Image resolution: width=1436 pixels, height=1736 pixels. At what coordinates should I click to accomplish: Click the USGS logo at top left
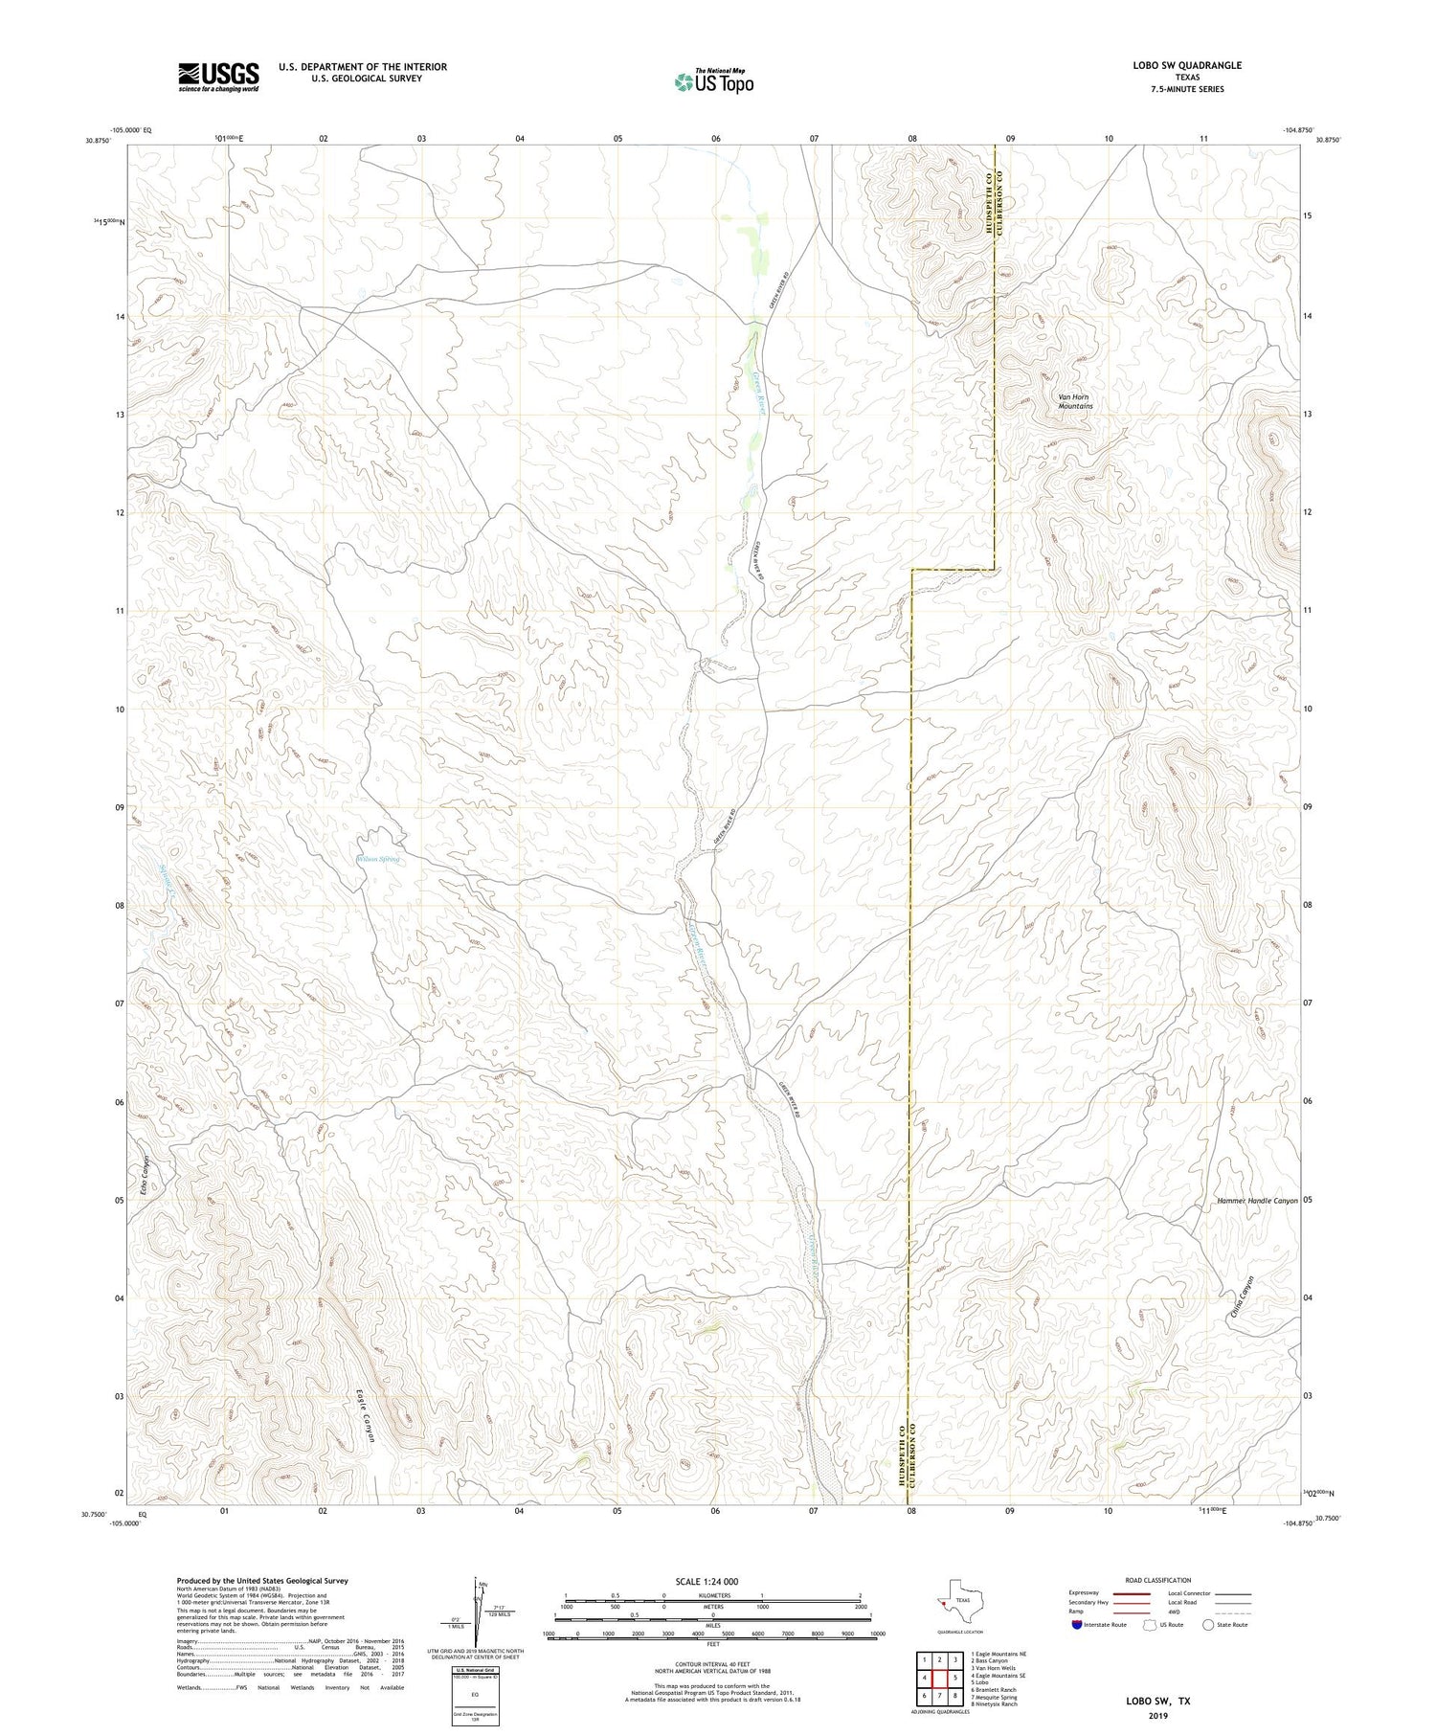(x=218, y=77)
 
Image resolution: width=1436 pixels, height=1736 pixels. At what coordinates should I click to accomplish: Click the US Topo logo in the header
(x=714, y=82)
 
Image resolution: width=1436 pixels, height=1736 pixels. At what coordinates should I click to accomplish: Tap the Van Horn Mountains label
(x=1074, y=401)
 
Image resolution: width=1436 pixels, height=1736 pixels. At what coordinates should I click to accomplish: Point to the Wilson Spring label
(x=377, y=859)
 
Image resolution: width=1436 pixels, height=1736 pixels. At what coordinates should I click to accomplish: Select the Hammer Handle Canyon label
(x=1257, y=1200)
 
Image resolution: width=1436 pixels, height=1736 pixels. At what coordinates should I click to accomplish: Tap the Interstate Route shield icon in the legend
(x=1076, y=1624)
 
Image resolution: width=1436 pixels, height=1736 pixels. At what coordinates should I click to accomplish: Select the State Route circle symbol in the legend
(x=1209, y=1624)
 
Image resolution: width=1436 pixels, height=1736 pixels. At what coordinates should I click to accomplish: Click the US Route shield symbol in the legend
(x=1150, y=1624)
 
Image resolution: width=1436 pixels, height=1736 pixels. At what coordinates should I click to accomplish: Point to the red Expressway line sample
(x=1131, y=1593)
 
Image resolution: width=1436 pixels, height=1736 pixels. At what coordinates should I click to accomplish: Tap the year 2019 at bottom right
(x=1157, y=1714)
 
